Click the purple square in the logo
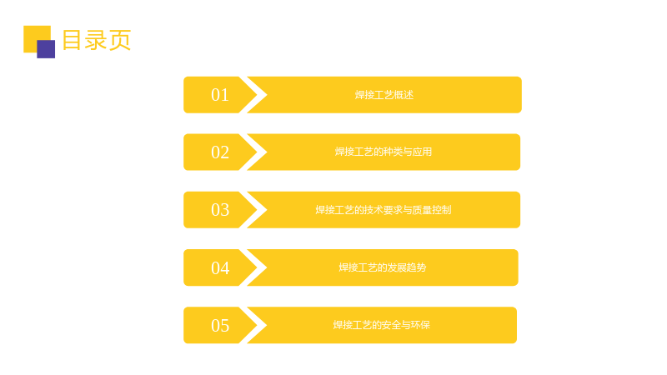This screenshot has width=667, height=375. coord(46,49)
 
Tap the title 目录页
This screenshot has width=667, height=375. coord(97,40)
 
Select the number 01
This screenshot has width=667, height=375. coord(220,95)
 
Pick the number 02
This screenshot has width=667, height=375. coord(220,152)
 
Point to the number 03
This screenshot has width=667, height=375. coord(220,210)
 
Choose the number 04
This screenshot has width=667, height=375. coord(220,267)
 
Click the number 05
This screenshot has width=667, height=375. coord(220,325)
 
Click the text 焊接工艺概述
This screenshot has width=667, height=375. coord(384,95)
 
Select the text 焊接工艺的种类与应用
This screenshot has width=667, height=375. coord(384,152)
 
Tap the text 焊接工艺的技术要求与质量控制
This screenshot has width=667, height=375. coord(384,210)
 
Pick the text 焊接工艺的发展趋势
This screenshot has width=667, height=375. coord(383,267)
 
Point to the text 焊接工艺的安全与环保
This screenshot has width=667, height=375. coord(382,325)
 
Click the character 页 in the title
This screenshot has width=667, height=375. coord(120,40)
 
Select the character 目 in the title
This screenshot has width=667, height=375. coord(72,40)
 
